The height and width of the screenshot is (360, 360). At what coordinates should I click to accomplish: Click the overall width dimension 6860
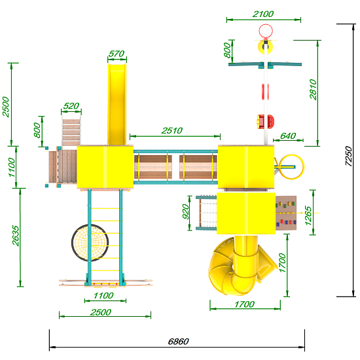[x=179, y=342]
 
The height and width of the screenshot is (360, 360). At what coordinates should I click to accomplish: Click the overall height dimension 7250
[x=348, y=156]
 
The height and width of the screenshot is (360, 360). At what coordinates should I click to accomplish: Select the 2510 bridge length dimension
[x=172, y=131]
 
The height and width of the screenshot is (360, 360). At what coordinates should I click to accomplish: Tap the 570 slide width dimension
[x=117, y=54]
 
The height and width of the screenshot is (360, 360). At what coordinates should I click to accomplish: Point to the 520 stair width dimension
[x=71, y=106]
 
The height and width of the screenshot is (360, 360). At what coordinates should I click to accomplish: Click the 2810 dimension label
[x=313, y=89]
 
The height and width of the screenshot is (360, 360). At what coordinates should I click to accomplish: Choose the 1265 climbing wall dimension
[x=308, y=215]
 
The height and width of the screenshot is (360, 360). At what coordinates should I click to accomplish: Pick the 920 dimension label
[x=185, y=211]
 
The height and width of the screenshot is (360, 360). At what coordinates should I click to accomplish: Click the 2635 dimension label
[x=16, y=236]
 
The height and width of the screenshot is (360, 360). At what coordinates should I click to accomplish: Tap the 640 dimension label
[x=288, y=136]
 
